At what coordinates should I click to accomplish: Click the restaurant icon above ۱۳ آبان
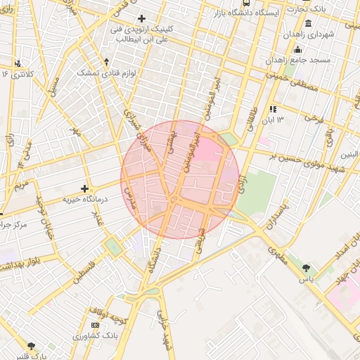pyautogui.click(x=273, y=109)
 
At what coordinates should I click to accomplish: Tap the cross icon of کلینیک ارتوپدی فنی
pyautogui.click(x=142, y=18)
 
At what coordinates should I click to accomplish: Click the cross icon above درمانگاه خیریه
pyautogui.click(x=85, y=188)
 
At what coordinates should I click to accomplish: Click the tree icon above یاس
pyautogui.click(x=306, y=268)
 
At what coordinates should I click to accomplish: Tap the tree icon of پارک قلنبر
pyautogui.click(x=30, y=345)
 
